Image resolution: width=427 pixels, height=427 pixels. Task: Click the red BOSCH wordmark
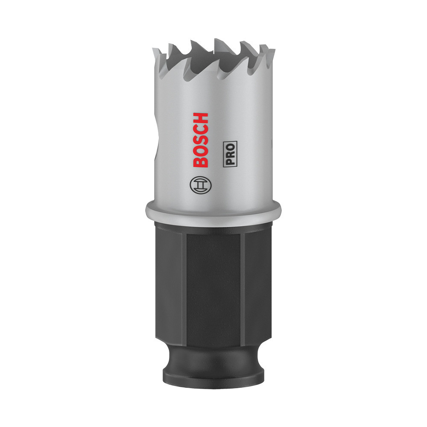[x=201, y=140]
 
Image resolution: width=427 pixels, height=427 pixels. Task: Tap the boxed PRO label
[x=230, y=153]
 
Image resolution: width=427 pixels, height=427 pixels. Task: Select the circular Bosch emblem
[x=200, y=184]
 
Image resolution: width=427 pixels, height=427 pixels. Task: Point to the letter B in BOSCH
[x=201, y=161]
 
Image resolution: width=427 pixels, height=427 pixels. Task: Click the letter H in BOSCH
[x=201, y=118]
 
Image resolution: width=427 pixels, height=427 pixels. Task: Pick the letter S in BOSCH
[x=201, y=140]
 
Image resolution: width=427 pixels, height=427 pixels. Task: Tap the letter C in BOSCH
[x=201, y=129]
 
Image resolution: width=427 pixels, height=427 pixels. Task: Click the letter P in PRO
[x=231, y=161]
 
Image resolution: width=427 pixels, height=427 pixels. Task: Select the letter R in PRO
[x=231, y=153]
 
